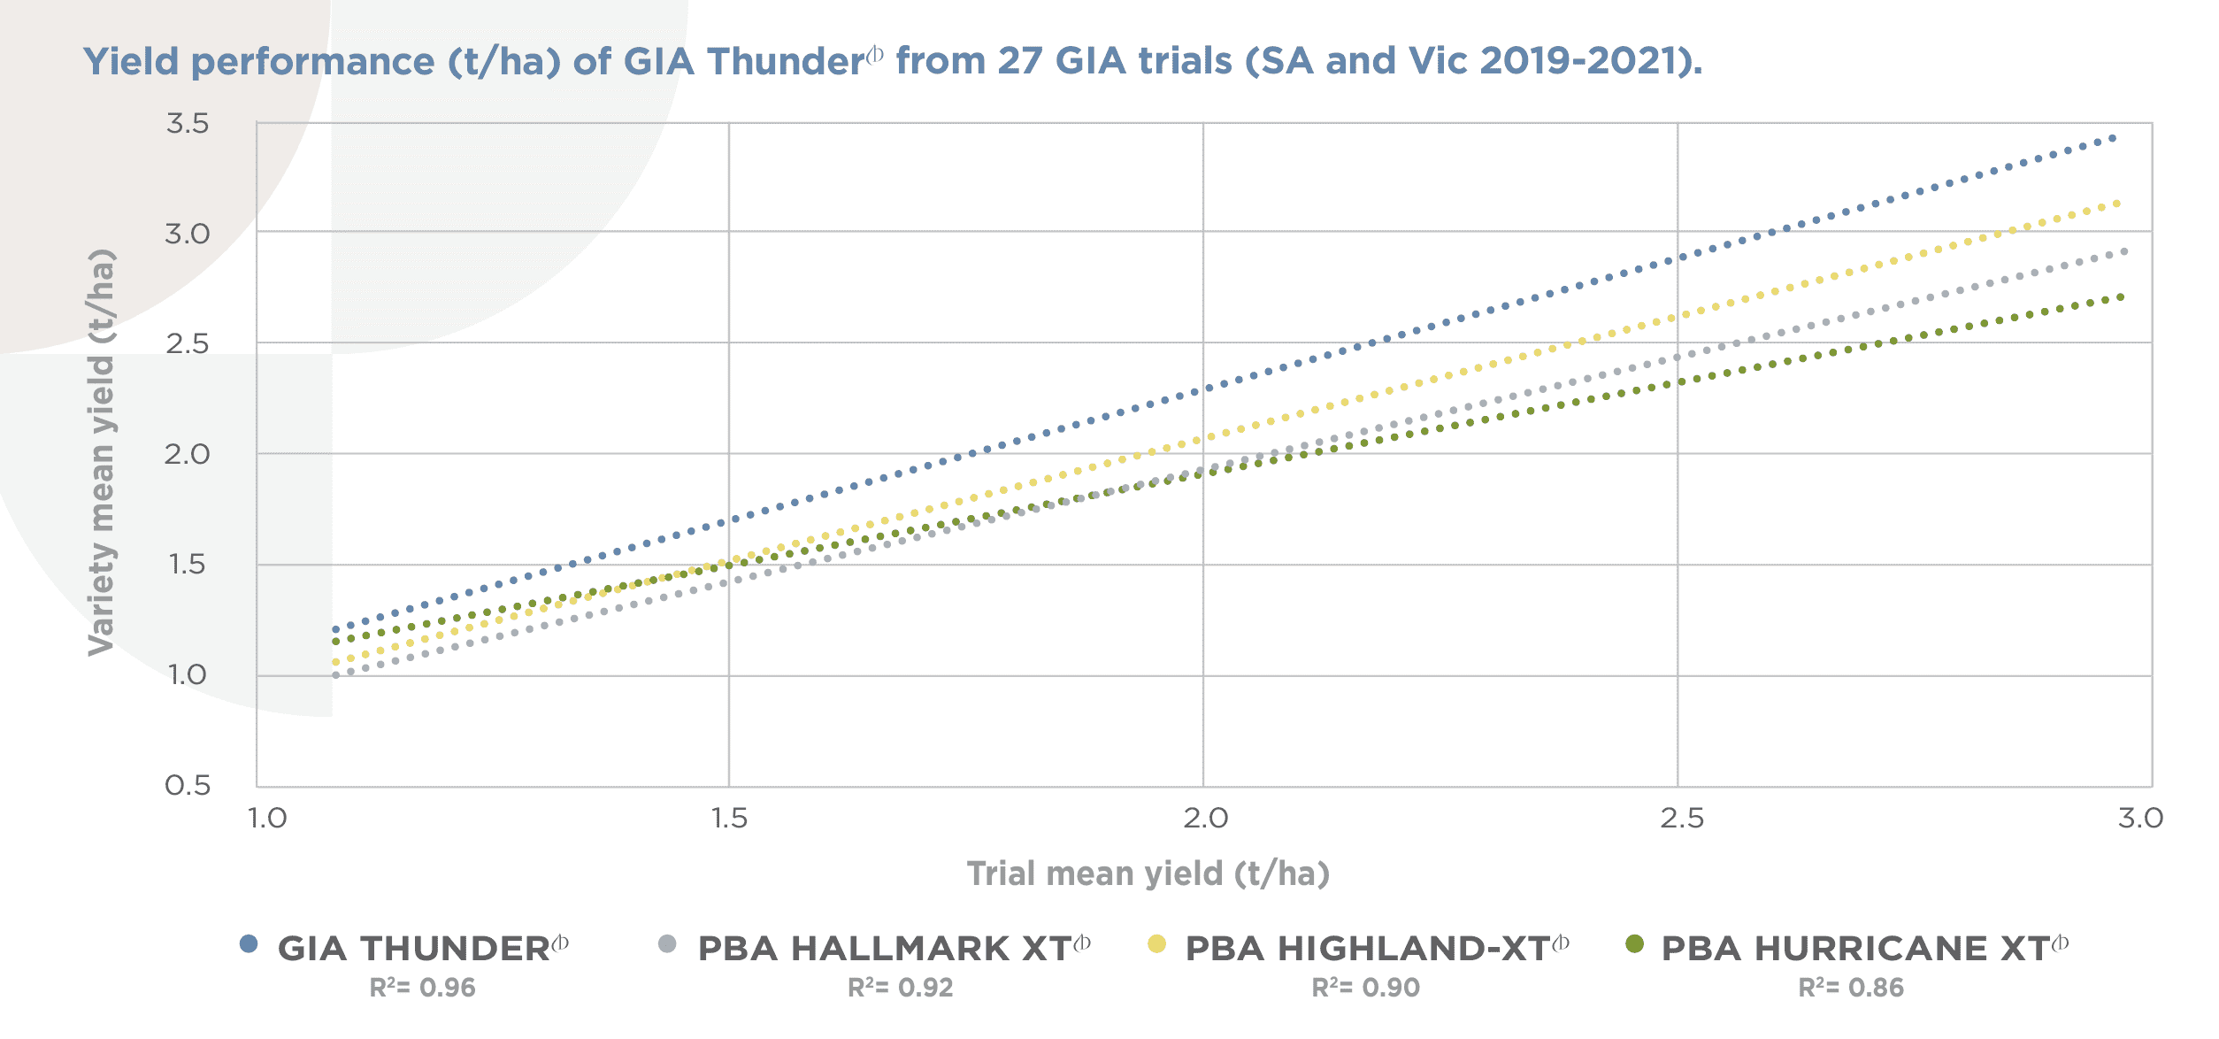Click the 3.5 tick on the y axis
[188, 124]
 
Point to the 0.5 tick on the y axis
[188, 785]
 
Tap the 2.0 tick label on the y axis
[188, 454]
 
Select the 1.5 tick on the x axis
[729, 818]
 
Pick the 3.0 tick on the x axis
[2140, 818]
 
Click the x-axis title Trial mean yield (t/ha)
[1148, 874]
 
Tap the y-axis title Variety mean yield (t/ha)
[102, 452]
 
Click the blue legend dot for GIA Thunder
[249, 944]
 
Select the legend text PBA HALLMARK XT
[885, 949]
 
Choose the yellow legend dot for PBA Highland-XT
[1156, 944]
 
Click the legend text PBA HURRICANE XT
[1855, 949]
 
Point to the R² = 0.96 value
[423, 988]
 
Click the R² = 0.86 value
[1851, 988]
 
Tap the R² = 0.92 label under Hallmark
[901, 988]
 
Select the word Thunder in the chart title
[786, 62]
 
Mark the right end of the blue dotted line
[2113, 138]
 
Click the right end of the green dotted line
[2122, 297]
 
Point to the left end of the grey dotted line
[335, 675]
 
